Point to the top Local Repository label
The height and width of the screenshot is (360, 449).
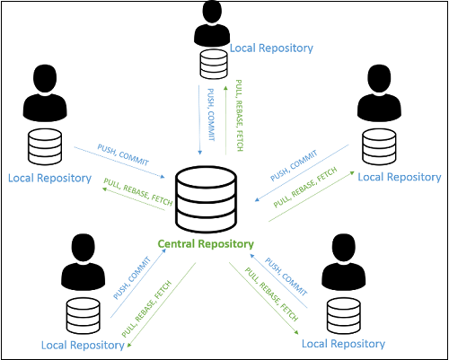coord(272,48)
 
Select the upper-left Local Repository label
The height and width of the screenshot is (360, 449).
coord(49,178)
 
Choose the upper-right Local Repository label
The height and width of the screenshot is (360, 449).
coord(400,178)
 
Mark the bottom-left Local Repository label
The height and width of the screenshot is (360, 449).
coord(83,344)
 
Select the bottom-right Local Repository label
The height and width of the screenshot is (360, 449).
coord(344,344)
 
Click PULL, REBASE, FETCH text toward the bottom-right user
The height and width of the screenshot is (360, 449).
coord(274,292)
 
